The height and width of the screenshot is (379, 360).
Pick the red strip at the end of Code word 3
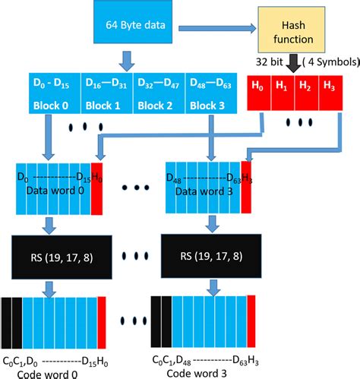251,320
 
